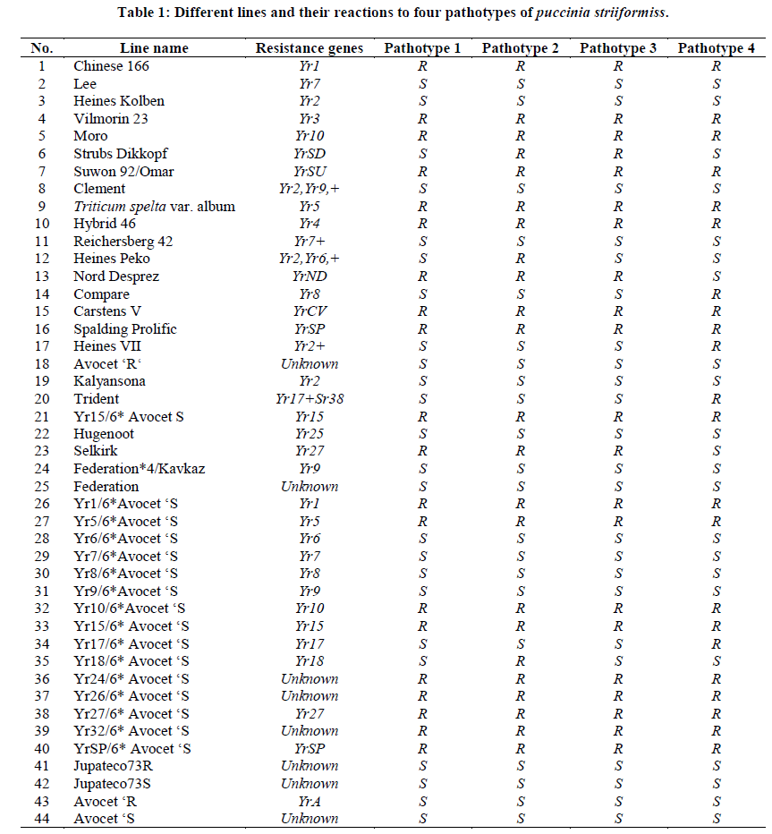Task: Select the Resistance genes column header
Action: click(x=310, y=47)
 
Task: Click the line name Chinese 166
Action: click(x=111, y=65)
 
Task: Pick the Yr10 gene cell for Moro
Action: click(x=310, y=136)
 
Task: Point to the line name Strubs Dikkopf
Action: click(x=120, y=153)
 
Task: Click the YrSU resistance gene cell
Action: click(x=310, y=171)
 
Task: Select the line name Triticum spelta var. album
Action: click(x=154, y=206)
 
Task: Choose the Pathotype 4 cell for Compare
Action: click(x=717, y=294)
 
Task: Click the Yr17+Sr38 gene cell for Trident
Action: click(x=310, y=399)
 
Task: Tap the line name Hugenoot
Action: click(x=104, y=434)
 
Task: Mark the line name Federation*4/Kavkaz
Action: click(x=140, y=469)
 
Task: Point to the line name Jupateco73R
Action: click(x=114, y=766)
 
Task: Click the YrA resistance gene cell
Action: click(x=310, y=801)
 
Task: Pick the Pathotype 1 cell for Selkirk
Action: click(x=423, y=451)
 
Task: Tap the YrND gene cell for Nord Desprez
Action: click(x=310, y=277)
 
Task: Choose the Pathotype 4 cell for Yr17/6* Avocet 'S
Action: click(x=717, y=643)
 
